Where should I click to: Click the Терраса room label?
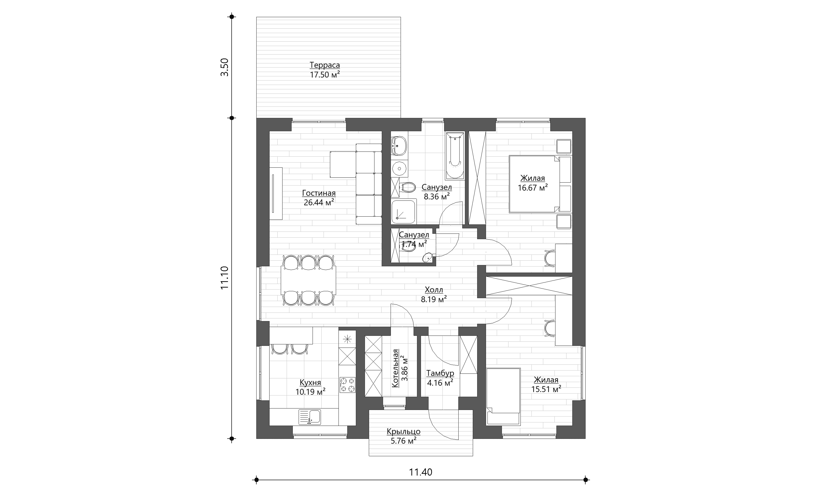pos(325,65)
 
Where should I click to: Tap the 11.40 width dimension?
pos(421,472)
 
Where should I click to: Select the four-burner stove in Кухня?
pos(347,385)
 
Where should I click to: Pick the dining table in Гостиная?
pos(308,280)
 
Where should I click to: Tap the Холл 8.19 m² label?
pos(434,294)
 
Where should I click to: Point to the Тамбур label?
pos(440,373)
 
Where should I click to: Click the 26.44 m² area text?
pos(319,202)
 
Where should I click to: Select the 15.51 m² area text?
pos(546,389)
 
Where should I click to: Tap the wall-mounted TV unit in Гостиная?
pos(276,193)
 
